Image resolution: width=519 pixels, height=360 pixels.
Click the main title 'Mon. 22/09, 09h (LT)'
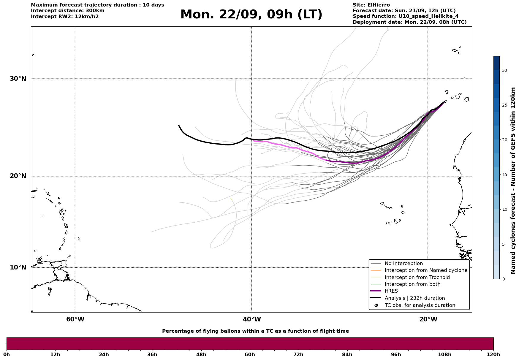pyautogui.click(x=251, y=15)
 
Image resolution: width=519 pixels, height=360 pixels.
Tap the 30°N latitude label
pyautogui.click(x=18, y=79)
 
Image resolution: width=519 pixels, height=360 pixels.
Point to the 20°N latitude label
pyautogui.click(x=18, y=176)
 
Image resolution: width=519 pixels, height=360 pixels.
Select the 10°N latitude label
pyautogui.click(x=18, y=267)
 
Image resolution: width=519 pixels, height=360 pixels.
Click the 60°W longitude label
pyautogui.click(x=75, y=319)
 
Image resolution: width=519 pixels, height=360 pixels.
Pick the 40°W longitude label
pyautogui.click(x=252, y=319)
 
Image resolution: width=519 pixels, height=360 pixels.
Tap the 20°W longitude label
pyautogui.click(x=428, y=319)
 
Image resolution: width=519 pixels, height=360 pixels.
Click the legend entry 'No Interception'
pyautogui.click(x=404, y=264)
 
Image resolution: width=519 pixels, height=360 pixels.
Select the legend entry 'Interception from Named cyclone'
pyautogui.click(x=426, y=270)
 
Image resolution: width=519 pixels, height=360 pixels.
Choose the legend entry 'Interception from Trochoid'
pyautogui.click(x=417, y=277)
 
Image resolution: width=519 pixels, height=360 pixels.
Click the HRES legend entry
pyautogui.click(x=391, y=291)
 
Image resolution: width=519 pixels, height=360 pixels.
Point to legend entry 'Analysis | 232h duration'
pyautogui.click(x=414, y=298)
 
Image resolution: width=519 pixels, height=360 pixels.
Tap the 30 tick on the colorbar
pyautogui.click(x=504, y=70)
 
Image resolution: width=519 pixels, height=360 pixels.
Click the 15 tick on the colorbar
pyautogui.click(x=504, y=175)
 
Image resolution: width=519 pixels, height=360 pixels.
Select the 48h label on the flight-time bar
pyautogui.click(x=201, y=354)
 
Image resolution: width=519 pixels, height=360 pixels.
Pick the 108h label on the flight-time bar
pyautogui.click(x=444, y=354)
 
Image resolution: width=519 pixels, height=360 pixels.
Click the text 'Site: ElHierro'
pyautogui.click(x=371, y=5)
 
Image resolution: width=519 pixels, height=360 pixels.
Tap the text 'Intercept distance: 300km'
pyautogui.click(x=68, y=11)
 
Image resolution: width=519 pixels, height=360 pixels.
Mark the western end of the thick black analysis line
pyautogui.click(x=179, y=126)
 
